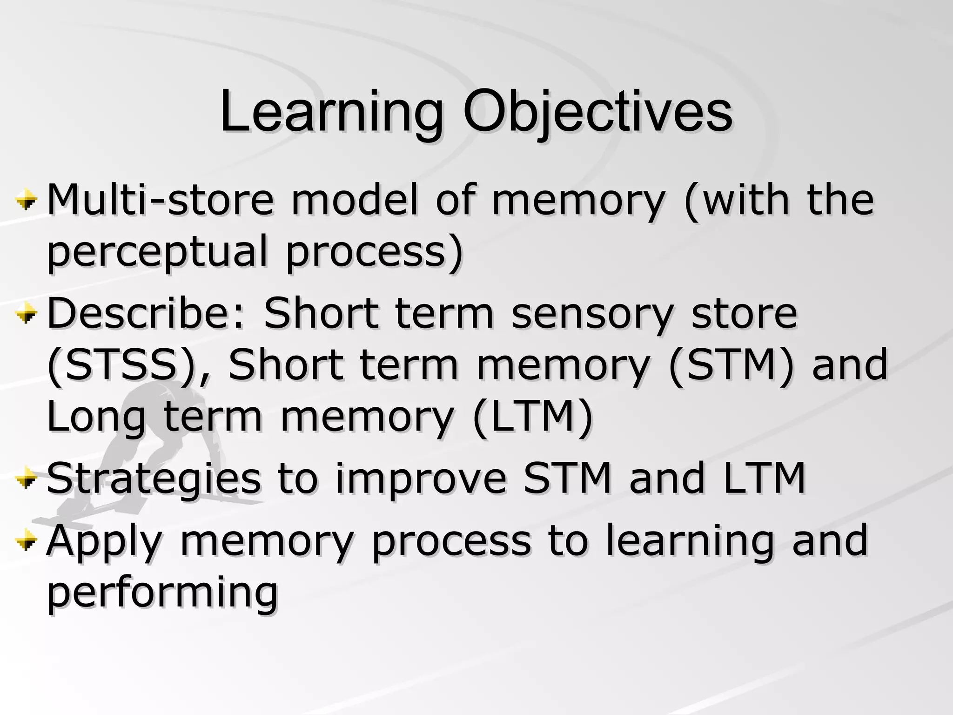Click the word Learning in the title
point(331,113)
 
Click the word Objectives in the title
point(597,113)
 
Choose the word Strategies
point(154,479)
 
